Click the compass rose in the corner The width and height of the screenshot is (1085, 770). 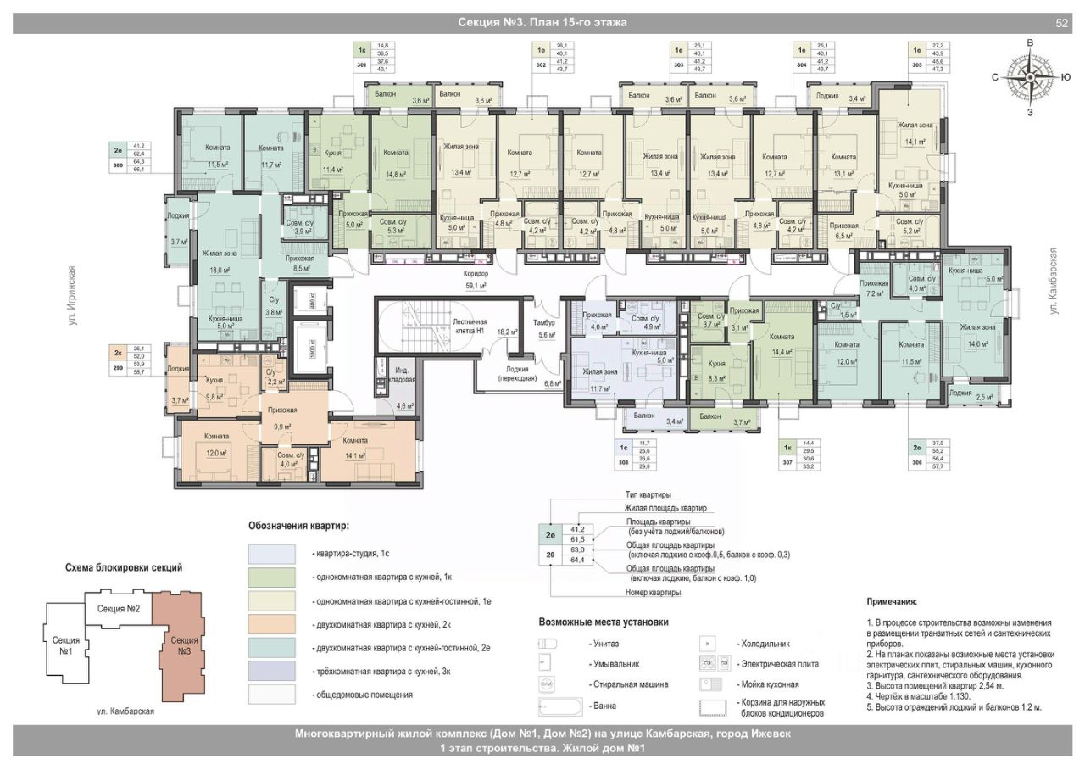point(1028,77)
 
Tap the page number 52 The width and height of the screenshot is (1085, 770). point(1061,23)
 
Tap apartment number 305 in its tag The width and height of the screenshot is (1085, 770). point(916,64)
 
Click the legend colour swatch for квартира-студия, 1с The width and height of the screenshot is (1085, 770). point(275,554)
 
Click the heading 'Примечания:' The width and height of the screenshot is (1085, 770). point(891,601)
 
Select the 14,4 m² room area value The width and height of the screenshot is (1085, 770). point(782,350)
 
